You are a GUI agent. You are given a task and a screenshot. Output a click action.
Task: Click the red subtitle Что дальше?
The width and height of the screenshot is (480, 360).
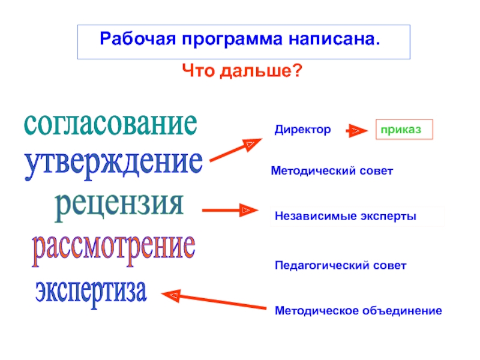click(241, 71)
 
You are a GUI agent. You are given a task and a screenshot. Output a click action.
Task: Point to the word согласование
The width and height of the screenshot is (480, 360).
click(110, 124)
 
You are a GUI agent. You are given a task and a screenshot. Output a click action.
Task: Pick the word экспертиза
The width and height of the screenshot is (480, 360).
click(91, 290)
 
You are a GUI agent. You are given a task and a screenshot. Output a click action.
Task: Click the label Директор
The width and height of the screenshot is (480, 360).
click(303, 130)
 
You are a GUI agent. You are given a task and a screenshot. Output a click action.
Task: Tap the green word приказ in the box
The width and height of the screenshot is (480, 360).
click(404, 130)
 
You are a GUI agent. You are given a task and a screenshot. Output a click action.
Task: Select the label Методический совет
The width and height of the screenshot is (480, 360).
click(332, 172)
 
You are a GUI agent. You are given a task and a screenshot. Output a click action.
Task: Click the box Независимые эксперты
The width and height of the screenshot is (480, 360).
click(346, 215)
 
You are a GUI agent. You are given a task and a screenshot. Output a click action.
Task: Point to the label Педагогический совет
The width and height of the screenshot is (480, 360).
click(340, 265)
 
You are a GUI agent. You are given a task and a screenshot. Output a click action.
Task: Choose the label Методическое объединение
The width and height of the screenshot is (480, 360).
click(358, 311)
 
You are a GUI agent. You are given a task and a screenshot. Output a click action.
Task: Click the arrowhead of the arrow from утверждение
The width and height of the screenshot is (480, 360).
click(252, 145)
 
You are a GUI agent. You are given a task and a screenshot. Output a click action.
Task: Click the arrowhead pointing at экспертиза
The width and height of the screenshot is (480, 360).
click(173, 295)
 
